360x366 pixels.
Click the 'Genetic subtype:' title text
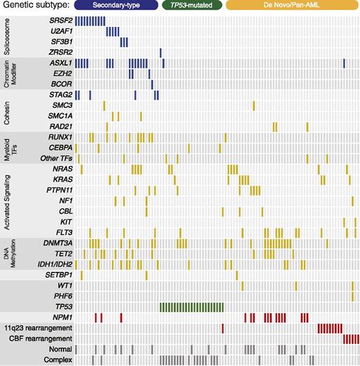tap(35, 7)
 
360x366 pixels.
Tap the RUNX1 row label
tap(60, 137)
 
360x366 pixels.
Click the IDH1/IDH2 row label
tap(54, 263)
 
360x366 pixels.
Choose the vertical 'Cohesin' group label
tap(6, 111)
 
